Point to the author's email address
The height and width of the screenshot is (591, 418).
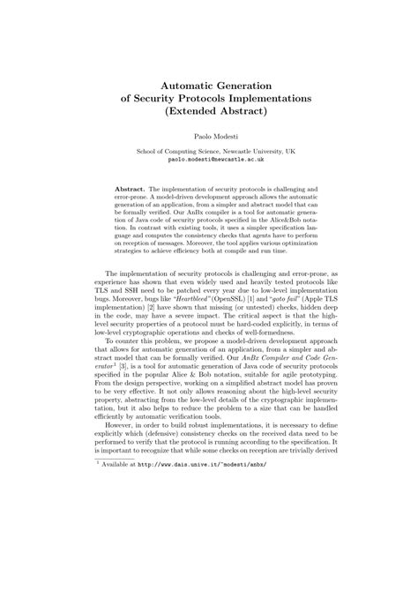coord(208,162)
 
